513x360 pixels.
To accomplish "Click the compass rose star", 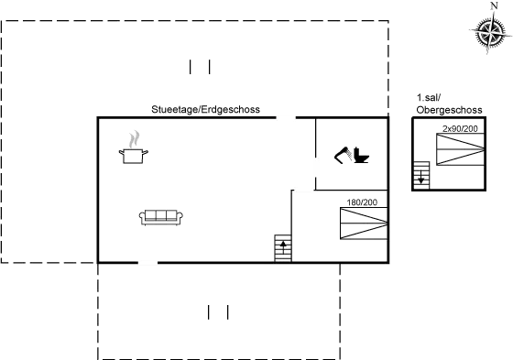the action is (484, 34).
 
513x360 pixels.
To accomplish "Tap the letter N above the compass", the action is (494, 5).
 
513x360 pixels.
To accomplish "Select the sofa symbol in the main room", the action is (161, 217).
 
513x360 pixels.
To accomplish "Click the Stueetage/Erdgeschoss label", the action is (205, 109).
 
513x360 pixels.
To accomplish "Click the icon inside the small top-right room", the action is (350, 156).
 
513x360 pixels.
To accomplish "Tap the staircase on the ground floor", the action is (282, 247).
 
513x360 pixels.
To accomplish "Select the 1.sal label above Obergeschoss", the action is (426, 97).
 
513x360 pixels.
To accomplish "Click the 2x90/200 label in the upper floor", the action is (458, 129).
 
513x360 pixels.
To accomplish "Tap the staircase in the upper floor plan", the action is (421, 174).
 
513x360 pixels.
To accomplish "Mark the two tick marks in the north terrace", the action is (201, 67).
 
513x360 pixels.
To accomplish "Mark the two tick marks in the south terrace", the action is (218, 312).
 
